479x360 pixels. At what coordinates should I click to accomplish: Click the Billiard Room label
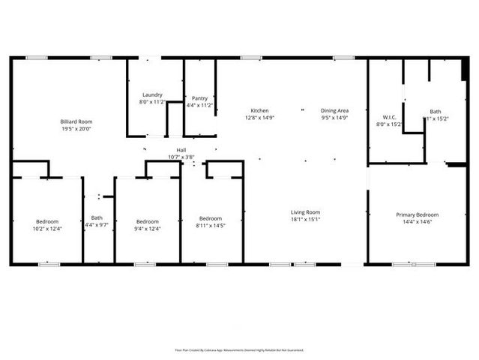pyautogui.click(x=76, y=121)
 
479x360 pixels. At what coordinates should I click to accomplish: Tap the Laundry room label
pyautogui.click(x=153, y=95)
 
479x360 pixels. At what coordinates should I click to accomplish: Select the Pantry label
pyautogui.click(x=199, y=98)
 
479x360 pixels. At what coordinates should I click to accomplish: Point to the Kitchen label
pyautogui.click(x=259, y=111)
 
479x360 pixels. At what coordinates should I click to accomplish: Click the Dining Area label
pyautogui.click(x=335, y=111)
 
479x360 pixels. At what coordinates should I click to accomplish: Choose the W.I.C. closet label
pyautogui.click(x=390, y=117)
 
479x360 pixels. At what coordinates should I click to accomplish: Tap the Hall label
pyautogui.click(x=181, y=151)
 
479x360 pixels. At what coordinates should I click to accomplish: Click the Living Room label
pyautogui.click(x=306, y=212)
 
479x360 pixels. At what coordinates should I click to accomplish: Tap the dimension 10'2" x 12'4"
pyautogui.click(x=47, y=228)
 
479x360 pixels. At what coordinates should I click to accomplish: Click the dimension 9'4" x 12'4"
pyautogui.click(x=148, y=228)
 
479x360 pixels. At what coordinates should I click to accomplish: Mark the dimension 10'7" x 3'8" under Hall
pyautogui.click(x=181, y=157)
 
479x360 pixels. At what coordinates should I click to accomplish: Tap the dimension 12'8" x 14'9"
pyautogui.click(x=259, y=118)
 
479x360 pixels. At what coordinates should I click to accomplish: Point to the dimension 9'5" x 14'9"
pyautogui.click(x=335, y=118)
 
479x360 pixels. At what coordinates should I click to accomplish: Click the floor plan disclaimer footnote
pyautogui.click(x=239, y=349)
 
